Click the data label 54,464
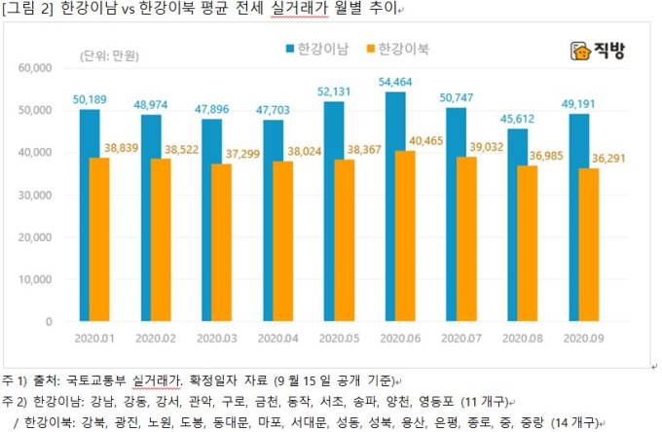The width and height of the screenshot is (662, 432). (394, 81)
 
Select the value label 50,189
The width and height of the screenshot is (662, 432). (90, 99)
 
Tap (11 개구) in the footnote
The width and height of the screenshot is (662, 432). (483, 401)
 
